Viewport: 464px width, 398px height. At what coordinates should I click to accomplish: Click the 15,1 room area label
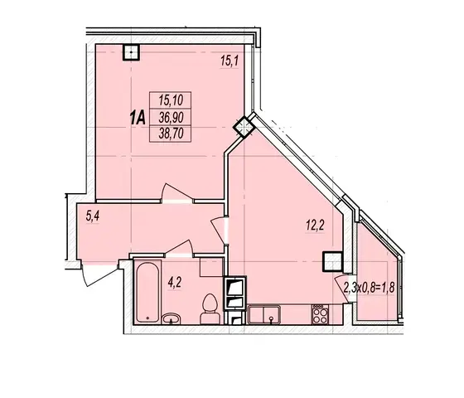coord(230,61)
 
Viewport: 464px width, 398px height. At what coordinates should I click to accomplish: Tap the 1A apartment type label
coord(138,118)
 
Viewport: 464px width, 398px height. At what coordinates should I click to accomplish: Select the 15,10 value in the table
coord(171,100)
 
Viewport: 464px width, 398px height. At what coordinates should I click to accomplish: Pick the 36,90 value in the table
coord(171,118)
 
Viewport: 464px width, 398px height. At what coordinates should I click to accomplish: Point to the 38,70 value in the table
coord(171,133)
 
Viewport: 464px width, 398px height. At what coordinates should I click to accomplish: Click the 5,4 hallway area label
coord(92,216)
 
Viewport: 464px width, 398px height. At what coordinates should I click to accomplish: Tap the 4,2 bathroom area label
coord(174,283)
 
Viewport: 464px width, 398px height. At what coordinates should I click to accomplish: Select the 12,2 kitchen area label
coord(315,226)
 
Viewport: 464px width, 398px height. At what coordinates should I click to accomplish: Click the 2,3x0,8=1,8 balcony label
coord(369,287)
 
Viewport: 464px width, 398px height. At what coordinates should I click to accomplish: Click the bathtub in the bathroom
coord(147,293)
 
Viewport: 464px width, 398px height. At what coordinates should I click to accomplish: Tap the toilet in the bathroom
coord(210,308)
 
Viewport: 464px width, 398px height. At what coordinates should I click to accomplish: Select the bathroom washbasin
coord(172,318)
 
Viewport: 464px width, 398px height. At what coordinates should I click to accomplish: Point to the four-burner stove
coord(320,314)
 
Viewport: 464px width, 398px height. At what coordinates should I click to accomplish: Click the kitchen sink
coord(264,315)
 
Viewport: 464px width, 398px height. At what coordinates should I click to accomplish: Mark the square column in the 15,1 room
coord(131,52)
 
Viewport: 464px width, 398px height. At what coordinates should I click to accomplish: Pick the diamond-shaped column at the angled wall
coord(244,127)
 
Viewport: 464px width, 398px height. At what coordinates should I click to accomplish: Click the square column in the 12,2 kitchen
coord(332,261)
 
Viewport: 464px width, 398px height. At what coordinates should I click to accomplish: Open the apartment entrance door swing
coord(99,274)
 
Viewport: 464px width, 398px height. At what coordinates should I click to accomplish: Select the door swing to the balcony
coord(341,289)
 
